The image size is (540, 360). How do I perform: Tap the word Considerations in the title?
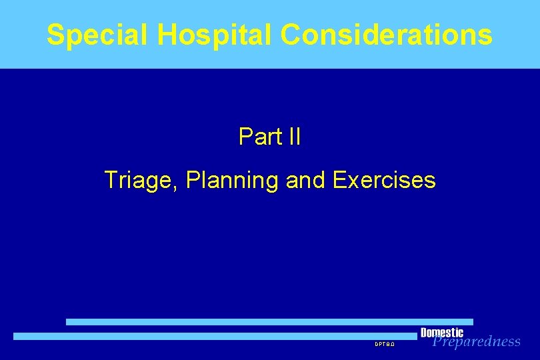pyautogui.click(x=387, y=35)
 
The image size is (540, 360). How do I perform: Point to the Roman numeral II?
pyautogui.click(x=293, y=137)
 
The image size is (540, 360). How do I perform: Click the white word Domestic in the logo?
pyautogui.click(x=442, y=333)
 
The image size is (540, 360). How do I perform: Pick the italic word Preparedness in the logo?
pyautogui.click(x=476, y=342)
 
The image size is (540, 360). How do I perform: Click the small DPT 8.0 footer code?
pyautogui.click(x=385, y=345)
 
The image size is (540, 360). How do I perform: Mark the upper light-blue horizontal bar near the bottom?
pyautogui.click(x=269, y=321)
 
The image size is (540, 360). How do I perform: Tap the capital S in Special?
pyautogui.click(x=56, y=35)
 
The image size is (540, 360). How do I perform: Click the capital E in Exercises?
pyautogui.click(x=337, y=180)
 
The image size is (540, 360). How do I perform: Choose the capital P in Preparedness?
pyautogui.click(x=438, y=342)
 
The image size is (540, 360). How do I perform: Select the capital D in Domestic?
pyautogui.click(x=425, y=333)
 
